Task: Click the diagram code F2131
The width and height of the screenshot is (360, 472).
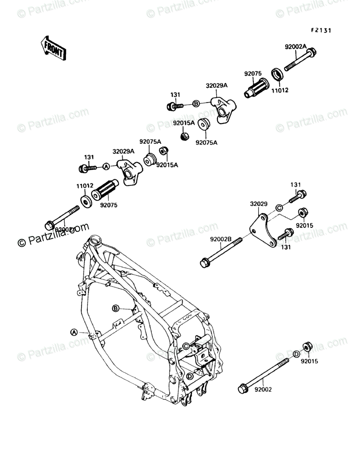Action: click(320, 30)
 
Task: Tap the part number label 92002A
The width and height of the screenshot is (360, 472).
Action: click(296, 46)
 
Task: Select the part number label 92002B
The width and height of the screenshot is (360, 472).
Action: click(220, 239)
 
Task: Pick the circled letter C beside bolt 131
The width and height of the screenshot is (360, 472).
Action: click(278, 208)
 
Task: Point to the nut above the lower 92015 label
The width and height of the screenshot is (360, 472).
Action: click(308, 347)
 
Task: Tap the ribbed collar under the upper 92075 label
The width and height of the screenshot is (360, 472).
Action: click(256, 87)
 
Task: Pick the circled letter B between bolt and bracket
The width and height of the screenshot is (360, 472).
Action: click(196, 104)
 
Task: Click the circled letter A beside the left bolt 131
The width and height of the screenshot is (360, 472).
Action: click(106, 166)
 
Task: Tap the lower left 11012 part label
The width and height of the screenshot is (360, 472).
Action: click(85, 186)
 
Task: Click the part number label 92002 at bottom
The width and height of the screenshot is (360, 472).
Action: click(264, 390)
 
